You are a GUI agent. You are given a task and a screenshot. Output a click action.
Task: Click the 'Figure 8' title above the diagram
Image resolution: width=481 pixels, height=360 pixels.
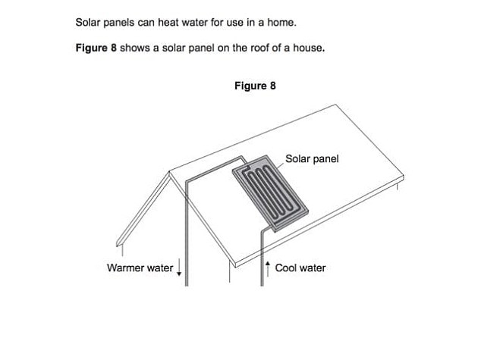(255, 86)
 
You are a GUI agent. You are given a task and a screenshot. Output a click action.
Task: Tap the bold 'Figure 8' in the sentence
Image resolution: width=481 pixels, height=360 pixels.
(96, 48)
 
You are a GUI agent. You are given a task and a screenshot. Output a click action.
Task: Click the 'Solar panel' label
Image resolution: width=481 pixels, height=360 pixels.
(312, 158)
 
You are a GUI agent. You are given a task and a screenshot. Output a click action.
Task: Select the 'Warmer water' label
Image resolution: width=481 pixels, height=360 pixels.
(140, 268)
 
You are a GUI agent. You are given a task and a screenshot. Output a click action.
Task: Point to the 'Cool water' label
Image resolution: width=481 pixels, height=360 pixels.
(300, 268)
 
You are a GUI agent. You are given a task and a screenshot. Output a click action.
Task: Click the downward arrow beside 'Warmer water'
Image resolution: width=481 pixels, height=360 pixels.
(179, 268)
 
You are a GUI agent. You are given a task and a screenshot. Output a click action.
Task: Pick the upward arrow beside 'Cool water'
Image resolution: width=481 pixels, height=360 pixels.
(268, 269)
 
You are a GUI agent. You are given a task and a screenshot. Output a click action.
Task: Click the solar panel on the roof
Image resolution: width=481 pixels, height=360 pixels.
(270, 193)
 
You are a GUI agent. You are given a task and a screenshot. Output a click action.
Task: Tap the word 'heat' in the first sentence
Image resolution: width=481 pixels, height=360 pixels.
(168, 23)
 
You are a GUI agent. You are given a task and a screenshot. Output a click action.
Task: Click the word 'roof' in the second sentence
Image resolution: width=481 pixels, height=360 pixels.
(260, 48)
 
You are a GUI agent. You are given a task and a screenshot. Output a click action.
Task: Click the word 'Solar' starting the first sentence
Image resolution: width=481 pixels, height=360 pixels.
(88, 23)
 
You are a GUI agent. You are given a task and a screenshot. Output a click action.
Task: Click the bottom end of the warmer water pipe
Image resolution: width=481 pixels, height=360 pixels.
(187, 286)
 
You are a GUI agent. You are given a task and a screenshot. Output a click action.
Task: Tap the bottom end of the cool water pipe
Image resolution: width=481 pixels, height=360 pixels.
(262, 286)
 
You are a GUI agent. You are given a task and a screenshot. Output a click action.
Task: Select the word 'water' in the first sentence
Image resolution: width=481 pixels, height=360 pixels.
(194, 23)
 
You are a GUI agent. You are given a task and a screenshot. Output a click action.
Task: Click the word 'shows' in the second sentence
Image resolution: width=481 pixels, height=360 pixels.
(134, 48)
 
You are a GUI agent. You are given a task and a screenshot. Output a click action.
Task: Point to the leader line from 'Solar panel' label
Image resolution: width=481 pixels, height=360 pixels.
(279, 164)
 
